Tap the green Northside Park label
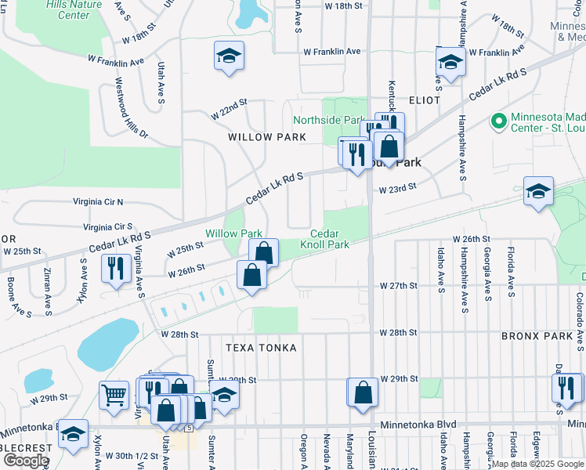pos(329,120)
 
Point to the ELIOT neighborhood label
pos(424,101)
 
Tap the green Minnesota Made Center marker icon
pos(497,121)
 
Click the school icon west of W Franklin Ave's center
pos(229,56)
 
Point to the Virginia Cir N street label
pos(98,201)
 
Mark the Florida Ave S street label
pos(510,270)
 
